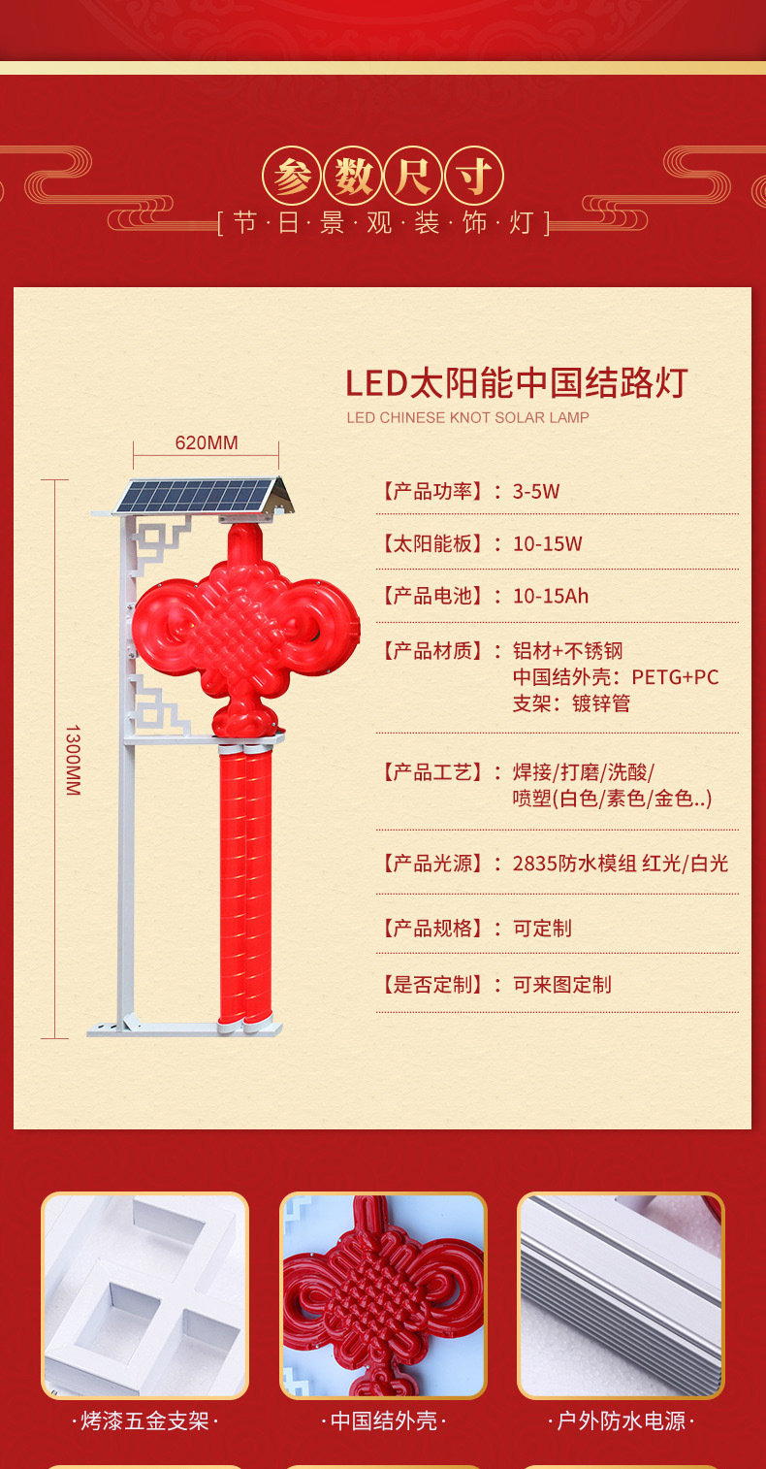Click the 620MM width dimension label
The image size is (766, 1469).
[206, 443]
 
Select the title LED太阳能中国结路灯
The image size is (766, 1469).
[516, 383]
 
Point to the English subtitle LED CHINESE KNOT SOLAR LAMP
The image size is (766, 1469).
[467, 418]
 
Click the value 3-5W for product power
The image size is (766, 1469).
[536, 491]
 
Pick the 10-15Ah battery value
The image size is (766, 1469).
[550, 596]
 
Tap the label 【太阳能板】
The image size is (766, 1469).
[431, 543]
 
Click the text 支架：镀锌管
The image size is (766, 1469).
[571, 702]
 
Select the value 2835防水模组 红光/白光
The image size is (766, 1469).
[620, 863]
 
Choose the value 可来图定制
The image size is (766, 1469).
[561, 984]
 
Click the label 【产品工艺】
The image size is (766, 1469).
[431, 772]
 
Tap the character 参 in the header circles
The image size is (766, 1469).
[291, 178]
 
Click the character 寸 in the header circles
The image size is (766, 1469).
[474, 178]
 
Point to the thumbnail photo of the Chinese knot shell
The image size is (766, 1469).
[383, 1294]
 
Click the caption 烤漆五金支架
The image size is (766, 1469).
[144, 1421]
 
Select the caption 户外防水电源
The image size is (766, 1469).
[621, 1421]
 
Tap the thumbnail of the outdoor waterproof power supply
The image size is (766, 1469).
[621, 1294]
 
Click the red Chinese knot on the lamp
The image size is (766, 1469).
[245, 632]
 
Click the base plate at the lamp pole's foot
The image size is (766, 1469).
[184, 1028]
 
